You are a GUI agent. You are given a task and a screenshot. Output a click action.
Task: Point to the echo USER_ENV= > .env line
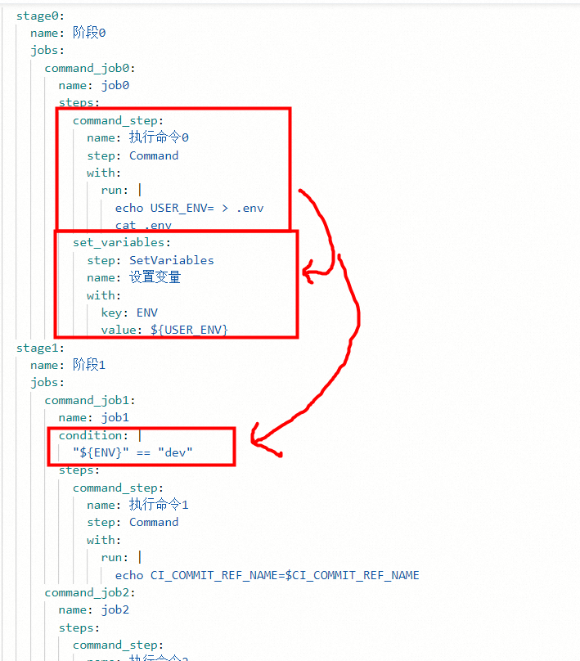(x=189, y=208)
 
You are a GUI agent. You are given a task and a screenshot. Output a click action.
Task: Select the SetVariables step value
(x=171, y=260)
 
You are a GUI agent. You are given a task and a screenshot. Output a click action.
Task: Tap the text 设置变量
(x=155, y=277)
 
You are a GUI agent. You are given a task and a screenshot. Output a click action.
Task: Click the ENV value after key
(x=147, y=313)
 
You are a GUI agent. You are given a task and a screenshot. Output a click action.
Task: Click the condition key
(x=92, y=435)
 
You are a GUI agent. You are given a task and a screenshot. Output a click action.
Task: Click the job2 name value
(x=115, y=609)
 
